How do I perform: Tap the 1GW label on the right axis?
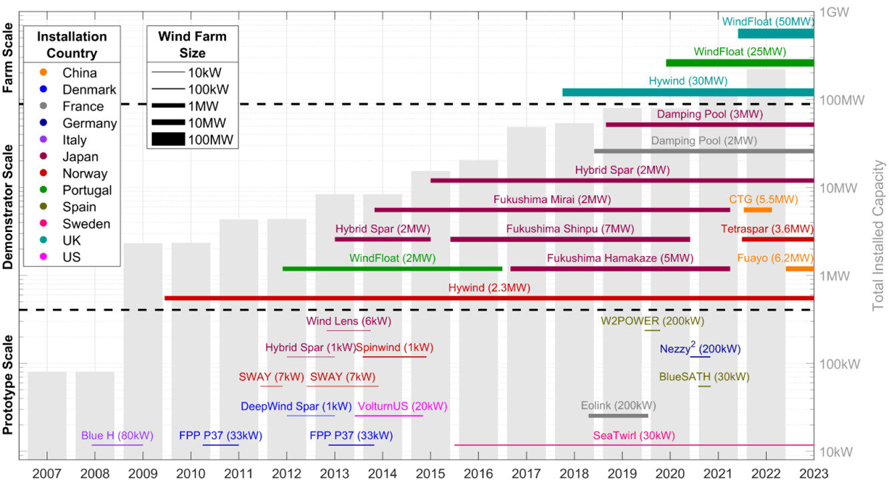tap(834, 12)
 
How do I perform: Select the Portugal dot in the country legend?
tap(43, 191)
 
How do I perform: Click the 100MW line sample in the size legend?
tap(167, 139)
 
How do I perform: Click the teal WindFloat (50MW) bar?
tap(776, 33)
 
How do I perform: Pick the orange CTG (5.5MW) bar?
tap(758, 210)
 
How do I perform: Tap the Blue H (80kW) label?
tap(117, 436)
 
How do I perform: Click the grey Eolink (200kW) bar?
tap(618, 416)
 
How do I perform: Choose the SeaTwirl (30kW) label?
tap(634, 436)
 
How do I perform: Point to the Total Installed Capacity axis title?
tap(879, 235)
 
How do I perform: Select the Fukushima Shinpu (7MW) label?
tap(570, 229)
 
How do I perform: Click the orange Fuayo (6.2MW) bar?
tap(800, 269)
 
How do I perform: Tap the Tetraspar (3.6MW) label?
tap(767, 229)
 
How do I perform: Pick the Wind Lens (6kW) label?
tap(349, 321)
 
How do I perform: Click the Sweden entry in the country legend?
tap(85, 224)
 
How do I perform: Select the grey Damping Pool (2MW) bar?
tap(704, 151)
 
